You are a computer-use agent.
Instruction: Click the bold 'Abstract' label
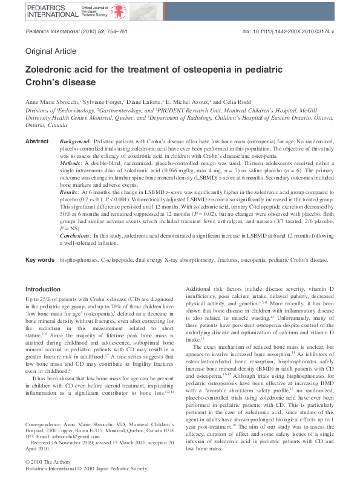(37, 141)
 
